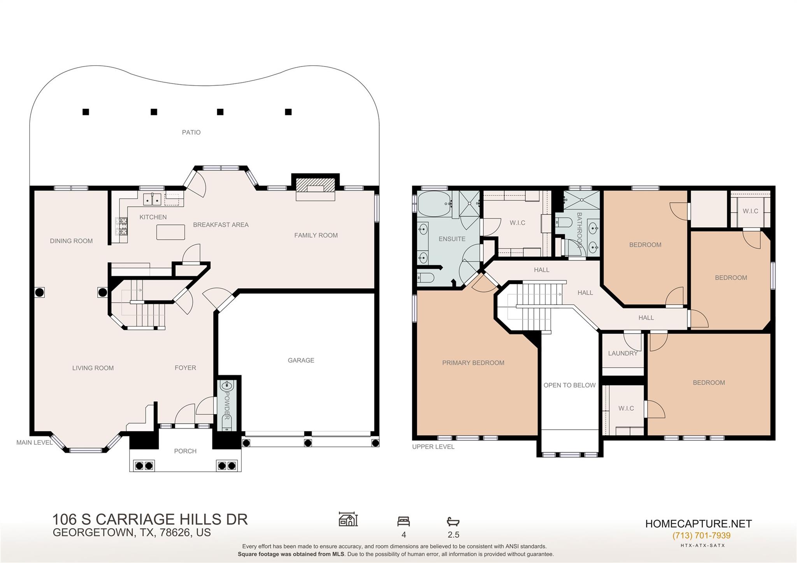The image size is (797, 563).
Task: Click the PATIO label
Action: click(191, 132)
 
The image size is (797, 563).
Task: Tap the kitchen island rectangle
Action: click(170, 232)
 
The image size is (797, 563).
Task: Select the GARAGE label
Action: click(301, 360)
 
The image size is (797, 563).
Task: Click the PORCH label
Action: click(185, 451)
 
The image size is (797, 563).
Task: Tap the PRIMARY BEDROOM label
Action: click(473, 363)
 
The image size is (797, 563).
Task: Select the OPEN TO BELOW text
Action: click(569, 385)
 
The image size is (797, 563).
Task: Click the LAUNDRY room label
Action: click(623, 353)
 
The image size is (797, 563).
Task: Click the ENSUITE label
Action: click(452, 239)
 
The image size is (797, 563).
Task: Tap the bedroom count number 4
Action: click(404, 535)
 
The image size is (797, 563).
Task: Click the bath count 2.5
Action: click(453, 535)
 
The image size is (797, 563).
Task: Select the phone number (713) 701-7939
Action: click(701, 535)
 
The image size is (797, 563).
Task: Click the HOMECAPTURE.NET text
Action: click(698, 524)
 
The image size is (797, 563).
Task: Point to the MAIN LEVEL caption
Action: click(34, 442)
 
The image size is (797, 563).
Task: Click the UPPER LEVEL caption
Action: click(433, 447)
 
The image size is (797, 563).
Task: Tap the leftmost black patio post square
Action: click(86, 112)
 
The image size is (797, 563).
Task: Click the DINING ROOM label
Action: click(71, 241)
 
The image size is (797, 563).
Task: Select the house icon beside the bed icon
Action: click(348, 519)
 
